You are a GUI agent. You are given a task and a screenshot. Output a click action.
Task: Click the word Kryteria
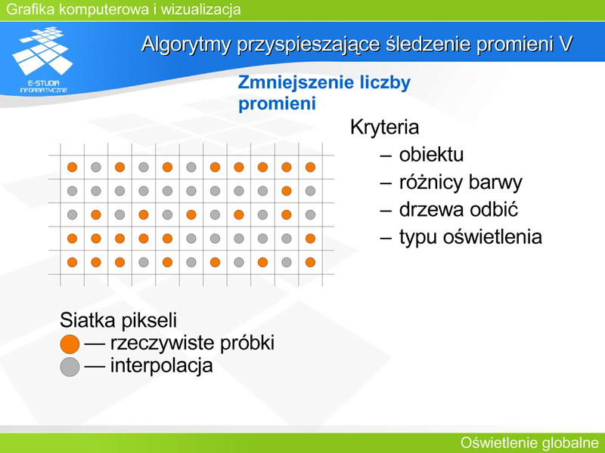click(384, 127)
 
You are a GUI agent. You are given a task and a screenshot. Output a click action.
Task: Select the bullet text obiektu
click(431, 155)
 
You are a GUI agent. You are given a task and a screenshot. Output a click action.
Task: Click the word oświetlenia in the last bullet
click(492, 236)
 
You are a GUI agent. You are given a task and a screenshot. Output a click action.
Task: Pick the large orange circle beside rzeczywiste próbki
click(70, 344)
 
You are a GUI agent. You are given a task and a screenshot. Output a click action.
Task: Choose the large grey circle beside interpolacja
click(70, 367)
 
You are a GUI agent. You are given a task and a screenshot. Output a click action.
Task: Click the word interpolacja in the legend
click(161, 365)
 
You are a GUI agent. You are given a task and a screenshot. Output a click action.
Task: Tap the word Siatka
click(87, 320)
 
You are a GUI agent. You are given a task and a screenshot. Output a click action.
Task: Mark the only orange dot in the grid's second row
click(287, 191)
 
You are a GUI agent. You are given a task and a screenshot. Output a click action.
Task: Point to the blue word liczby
click(385, 83)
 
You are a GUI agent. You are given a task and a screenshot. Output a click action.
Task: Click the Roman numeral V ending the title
click(565, 44)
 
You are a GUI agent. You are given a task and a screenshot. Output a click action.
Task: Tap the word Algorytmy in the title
click(186, 45)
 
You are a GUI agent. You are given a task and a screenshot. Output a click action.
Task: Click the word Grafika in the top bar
click(30, 9)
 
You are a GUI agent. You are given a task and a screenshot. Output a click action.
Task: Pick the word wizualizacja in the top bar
click(200, 9)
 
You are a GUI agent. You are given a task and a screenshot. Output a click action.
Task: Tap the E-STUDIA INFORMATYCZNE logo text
click(44, 87)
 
